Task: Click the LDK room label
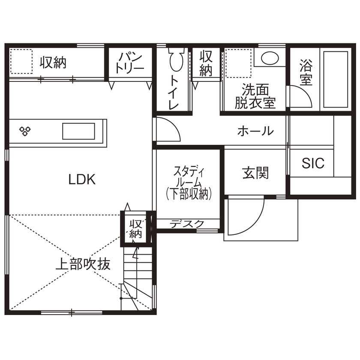[x=82, y=179]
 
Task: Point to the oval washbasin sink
[x=270, y=58]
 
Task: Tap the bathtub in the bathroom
[x=336, y=79]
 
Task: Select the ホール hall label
[x=255, y=131]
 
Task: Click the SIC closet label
[x=313, y=163]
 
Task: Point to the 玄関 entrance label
[x=255, y=173]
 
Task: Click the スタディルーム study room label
[x=189, y=183]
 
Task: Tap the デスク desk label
[x=187, y=223]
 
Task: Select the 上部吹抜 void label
[x=83, y=264]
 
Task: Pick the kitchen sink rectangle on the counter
[x=78, y=131]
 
